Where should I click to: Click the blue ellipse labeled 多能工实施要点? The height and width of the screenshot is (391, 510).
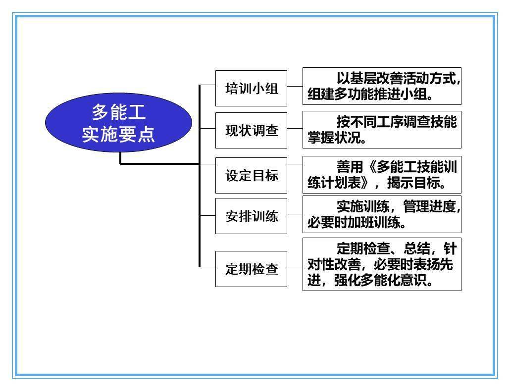click(118, 123)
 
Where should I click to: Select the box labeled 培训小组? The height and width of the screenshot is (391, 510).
click(251, 88)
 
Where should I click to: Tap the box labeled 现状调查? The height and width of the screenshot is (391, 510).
click(251, 130)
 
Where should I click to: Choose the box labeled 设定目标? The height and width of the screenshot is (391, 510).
click(251, 176)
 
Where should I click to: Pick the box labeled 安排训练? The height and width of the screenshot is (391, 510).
click(251, 216)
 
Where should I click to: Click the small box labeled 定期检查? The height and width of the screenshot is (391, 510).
click(251, 269)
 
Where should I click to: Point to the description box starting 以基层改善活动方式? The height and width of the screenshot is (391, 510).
click(382, 86)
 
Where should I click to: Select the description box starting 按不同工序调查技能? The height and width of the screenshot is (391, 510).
click(382, 130)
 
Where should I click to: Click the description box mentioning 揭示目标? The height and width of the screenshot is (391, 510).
click(382, 175)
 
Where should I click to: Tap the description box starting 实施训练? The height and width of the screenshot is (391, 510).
click(382, 214)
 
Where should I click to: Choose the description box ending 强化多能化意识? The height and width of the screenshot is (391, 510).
click(382, 264)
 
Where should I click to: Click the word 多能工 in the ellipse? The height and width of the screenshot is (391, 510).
click(118, 112)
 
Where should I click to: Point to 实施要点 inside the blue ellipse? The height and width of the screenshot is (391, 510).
click(118, 134)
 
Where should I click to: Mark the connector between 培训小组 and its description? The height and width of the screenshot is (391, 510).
click(295, 87)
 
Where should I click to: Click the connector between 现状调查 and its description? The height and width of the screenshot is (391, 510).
click(295, 129)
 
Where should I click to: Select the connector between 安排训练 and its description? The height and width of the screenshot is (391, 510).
click(295, 214)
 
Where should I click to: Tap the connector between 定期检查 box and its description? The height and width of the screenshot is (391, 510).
click(295, 267)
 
